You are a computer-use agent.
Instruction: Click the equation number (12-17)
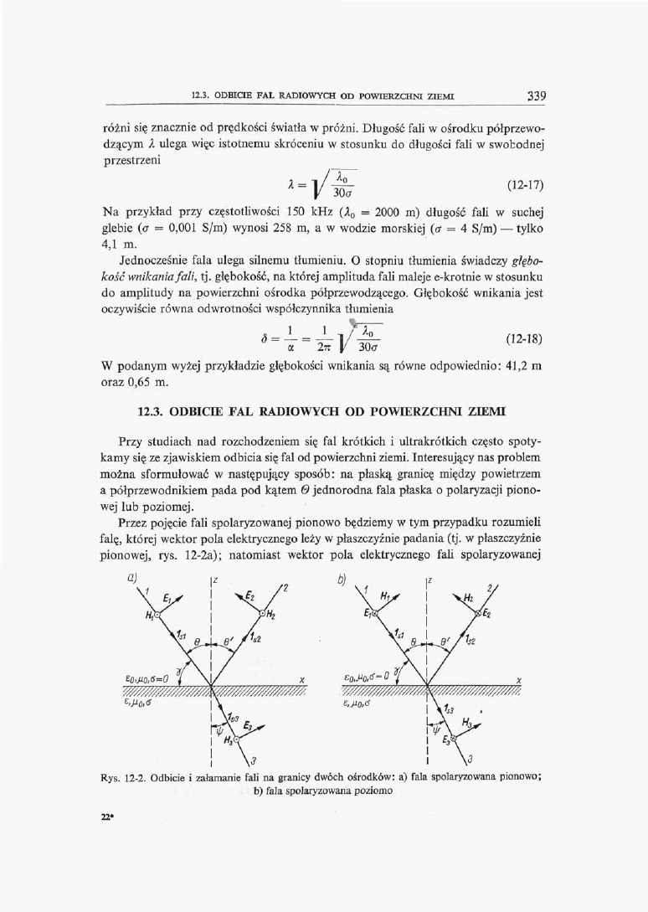click(527, 204)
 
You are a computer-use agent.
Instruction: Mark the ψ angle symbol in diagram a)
click(218, 729)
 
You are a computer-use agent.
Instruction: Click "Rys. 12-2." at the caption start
click(121, 775)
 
